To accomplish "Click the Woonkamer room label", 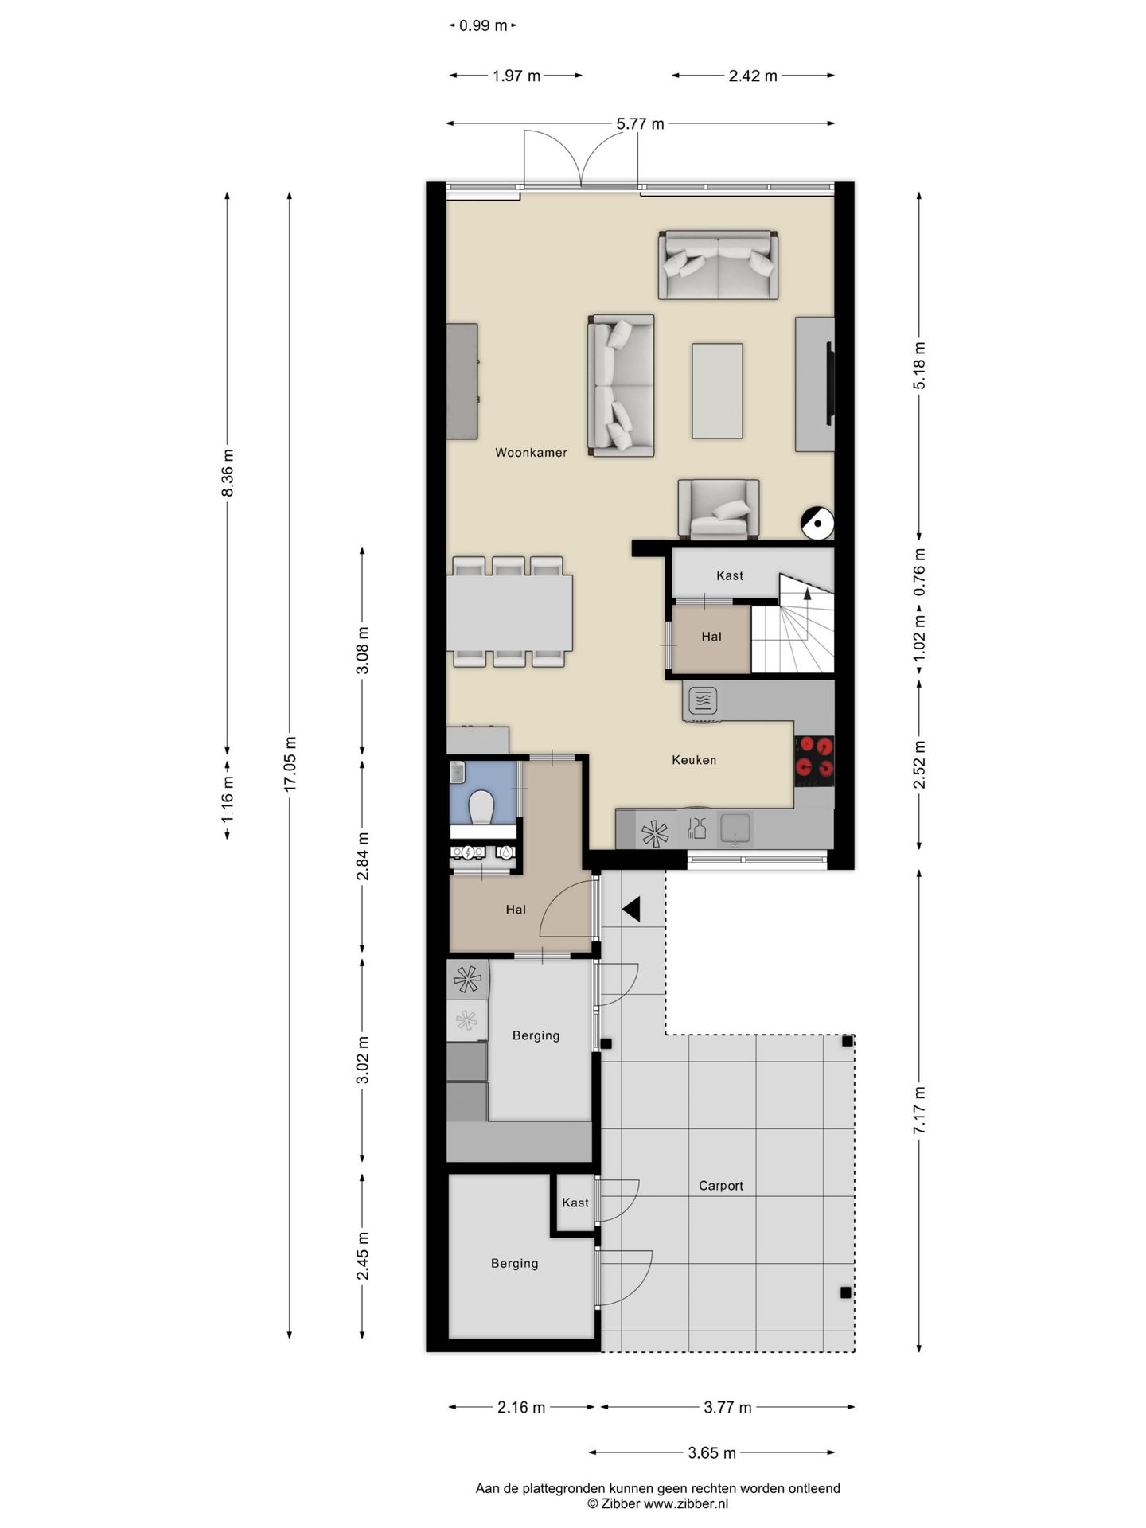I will (x=531, y=453).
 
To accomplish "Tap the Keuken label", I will (x=694, y=760).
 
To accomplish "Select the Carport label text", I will (x=720, y=1186).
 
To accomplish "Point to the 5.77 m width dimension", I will (x=640, y=124).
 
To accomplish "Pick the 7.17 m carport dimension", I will (x=919, y=1110).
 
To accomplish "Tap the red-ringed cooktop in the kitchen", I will (x=814, y=757).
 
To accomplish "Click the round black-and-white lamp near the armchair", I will (x=817, y=523).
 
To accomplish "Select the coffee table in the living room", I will (x=717, y=391).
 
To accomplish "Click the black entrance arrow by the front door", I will (x=632, y=909).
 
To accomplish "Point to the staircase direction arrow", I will (x=807, y=592).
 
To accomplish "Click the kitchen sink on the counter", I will (x=736, y=828).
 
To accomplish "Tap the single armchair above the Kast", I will (x=718, y=509).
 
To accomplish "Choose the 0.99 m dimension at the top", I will (x=483, y=25).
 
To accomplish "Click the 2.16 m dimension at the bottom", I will (x=521, y=1408).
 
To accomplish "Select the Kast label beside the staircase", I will (x=730, y=575).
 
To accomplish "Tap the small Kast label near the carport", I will (x=575, y=1203).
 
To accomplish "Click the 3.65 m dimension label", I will (x=711, y=1453).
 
